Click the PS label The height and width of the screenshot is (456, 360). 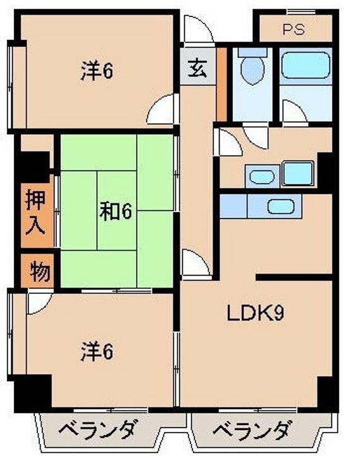point(294,29)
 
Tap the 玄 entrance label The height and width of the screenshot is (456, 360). point(197,68)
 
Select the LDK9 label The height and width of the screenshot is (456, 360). point(255,313)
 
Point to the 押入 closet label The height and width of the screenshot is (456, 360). point(35,212)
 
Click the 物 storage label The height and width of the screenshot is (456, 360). point(39,272)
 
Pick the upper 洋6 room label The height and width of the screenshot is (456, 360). point(96,71)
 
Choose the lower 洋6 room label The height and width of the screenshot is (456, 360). point(96,351)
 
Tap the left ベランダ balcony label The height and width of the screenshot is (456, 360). point(97,430)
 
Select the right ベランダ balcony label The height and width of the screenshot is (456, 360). point(252,430)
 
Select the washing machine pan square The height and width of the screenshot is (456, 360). point(298,174)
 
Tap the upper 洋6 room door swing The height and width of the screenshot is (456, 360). point(163,109)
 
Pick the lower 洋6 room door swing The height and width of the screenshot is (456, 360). point(39,303)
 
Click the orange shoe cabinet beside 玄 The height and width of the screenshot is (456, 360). point(221,84)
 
